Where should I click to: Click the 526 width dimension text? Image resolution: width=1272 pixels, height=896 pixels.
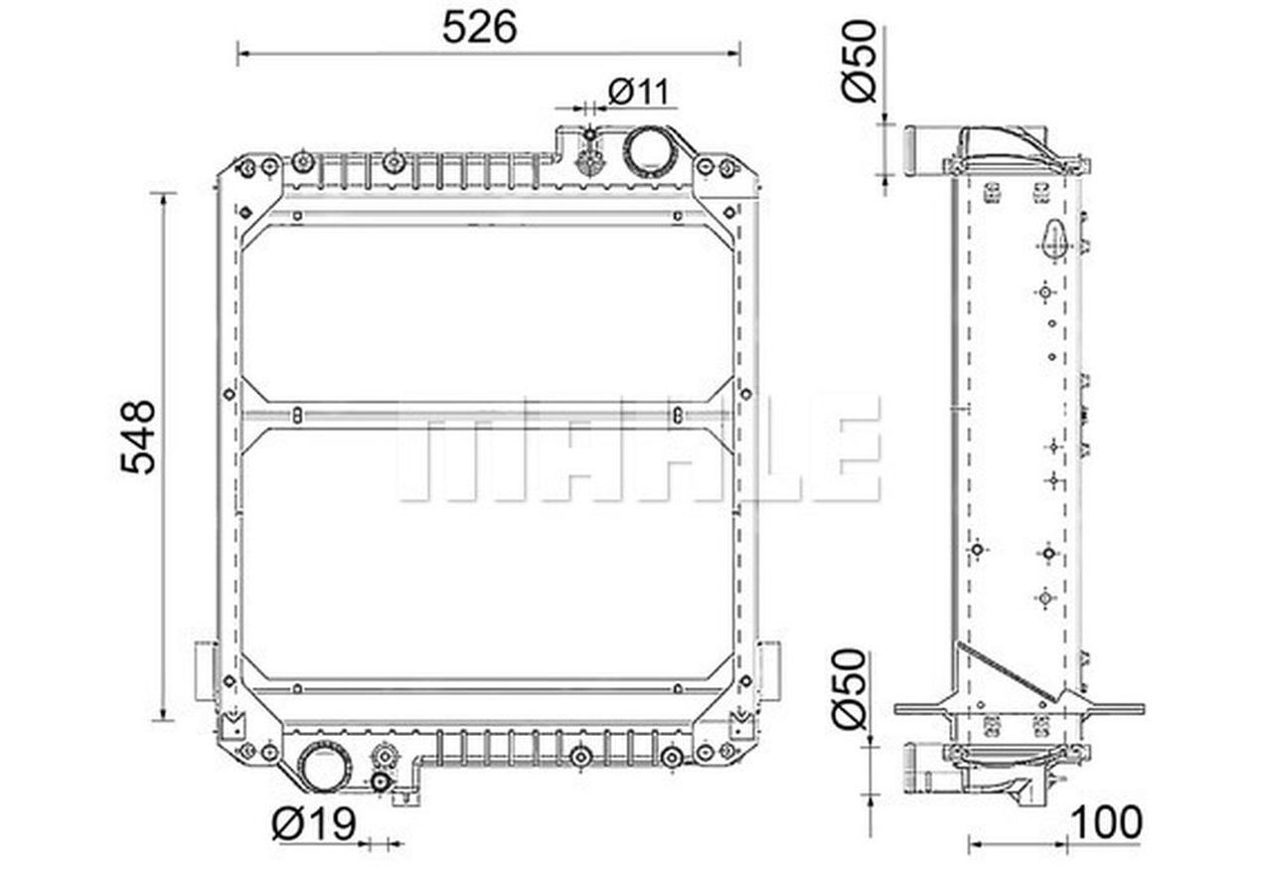(479, 27)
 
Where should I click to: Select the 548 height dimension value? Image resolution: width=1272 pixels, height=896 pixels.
(138, 437)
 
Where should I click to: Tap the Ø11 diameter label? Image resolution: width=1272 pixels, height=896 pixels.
(639, 91)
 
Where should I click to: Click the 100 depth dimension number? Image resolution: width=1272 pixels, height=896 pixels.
(1106, 822)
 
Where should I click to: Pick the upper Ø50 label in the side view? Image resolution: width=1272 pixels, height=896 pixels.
(860, 61)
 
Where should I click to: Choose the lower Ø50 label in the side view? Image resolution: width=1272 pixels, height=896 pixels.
(850, 688)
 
